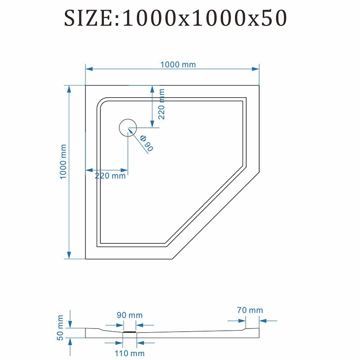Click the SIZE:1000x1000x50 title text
[175, 18]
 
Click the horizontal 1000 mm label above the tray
[178, 64]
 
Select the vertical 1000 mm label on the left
[63, 162]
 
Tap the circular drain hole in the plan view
[128, 128]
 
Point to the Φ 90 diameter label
[147, 143]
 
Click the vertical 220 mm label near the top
[162, 104]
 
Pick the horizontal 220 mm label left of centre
[110, 176]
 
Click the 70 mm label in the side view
[250, 310]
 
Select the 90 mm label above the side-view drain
[130, 315]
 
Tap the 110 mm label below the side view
[130, 353]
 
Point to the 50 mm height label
[60, 328]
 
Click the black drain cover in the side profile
[130, 332]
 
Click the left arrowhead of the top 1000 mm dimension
[89, 69]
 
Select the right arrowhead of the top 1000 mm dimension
[256, 69]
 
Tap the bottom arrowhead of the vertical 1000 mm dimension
[69, 255]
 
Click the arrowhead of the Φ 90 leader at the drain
[130, 131]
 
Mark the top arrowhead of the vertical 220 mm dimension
[152, 89]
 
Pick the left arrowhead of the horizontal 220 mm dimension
[89, 171]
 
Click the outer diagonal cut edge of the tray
[216, 216]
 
